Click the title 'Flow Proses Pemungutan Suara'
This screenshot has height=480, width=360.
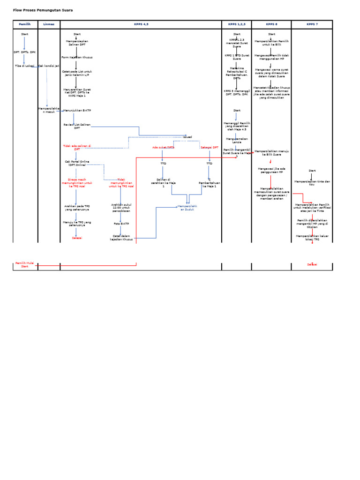43,10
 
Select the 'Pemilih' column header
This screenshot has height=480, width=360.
24,24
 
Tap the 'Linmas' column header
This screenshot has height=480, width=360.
49,24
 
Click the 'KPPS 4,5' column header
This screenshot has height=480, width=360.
141,24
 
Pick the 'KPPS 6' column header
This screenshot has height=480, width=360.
271,24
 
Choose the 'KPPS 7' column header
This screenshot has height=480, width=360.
312,24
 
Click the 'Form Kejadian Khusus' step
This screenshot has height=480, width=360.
77,57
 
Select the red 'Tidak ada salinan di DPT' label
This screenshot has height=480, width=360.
77,147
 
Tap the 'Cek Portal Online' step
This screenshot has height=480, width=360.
77,163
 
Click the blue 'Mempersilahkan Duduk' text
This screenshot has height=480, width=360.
187,208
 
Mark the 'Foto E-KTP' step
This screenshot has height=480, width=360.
120,224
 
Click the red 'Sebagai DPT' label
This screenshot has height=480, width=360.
210,147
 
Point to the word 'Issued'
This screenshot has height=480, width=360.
187,137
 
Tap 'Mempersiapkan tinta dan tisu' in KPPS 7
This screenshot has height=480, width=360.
312,182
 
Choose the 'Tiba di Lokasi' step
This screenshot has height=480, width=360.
24,66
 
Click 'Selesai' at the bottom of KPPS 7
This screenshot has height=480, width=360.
312,264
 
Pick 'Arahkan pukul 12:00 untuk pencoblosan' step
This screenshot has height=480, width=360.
120,208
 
